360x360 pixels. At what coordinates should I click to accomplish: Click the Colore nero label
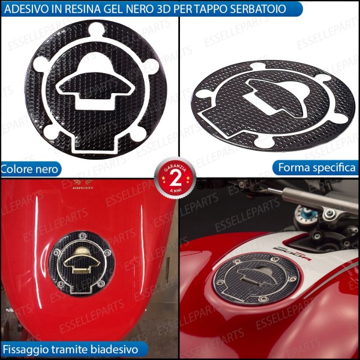coord(31,169)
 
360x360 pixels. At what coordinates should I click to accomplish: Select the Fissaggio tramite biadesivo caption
coord(71,349)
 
